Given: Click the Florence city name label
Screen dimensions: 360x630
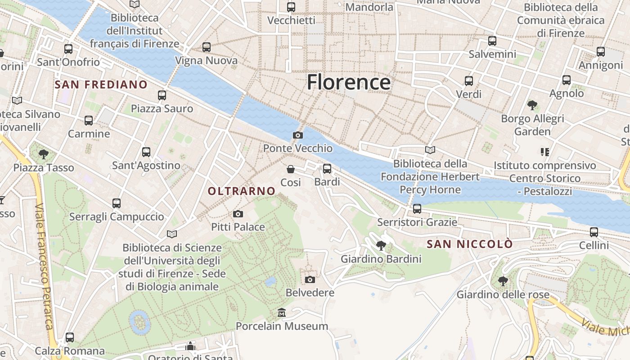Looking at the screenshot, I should (x=348, y=82).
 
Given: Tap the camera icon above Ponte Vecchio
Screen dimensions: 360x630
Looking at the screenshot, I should (x=297, y=135).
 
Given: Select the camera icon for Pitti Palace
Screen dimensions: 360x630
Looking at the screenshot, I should (x=238, y=214).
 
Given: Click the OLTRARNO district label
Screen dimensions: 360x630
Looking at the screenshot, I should (x=241, y=191).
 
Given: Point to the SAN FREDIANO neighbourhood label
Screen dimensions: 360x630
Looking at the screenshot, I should (x=101, y=85).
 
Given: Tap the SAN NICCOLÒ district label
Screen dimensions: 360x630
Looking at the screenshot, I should (x=469, y=244).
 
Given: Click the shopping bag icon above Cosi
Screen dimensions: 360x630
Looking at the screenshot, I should (x=291, y=169).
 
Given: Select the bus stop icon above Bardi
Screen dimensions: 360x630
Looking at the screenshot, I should (x=327, y=169).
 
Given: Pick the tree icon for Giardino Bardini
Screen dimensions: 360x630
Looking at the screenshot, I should (x=381, y=245).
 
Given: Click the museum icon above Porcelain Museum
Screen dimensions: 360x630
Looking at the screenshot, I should (x=282, y=312).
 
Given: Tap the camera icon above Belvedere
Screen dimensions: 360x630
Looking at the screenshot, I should (x=310, y=279).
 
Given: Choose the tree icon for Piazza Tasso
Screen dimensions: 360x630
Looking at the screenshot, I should (x=44, y=154).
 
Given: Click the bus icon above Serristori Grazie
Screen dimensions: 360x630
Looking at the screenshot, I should (x=417, y=209).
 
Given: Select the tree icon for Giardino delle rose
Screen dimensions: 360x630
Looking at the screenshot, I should (x=503, y=281).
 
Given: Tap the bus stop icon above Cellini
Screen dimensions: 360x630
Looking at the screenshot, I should (x=594, y=232).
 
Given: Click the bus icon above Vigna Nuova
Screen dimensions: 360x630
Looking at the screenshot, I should (x=207, y=47).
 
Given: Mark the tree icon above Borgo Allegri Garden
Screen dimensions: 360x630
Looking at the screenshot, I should (x=532, y=105).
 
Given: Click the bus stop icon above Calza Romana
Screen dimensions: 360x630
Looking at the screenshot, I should (x=69, y=337).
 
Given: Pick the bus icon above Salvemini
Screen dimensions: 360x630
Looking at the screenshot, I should (x=492, y=41).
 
